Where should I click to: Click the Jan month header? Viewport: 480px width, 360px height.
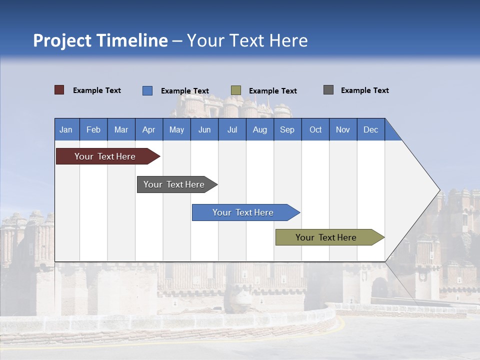click(66, 129)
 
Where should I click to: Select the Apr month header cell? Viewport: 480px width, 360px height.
click(149, 129)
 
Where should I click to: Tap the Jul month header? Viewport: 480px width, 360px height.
click(232, 129)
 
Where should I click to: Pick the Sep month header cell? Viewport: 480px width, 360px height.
click(287, 129)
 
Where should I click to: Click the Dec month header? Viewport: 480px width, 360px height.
click(370, 129)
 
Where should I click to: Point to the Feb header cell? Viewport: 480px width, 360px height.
click(93, 129)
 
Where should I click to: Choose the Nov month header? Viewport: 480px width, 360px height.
click(342, 129)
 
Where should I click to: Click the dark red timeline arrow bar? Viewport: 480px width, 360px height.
click(105, 156)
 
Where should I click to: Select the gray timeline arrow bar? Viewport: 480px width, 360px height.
click(174, 184)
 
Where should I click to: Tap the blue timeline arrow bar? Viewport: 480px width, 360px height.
click(243, 212)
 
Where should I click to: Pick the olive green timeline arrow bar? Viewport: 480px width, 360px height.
click(326, 237)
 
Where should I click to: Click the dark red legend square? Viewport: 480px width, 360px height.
click(59, 90)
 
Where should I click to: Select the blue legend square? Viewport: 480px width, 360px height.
click(147, 90)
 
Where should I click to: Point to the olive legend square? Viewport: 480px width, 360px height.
click(236, 90)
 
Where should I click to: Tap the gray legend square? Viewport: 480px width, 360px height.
click(328, 90)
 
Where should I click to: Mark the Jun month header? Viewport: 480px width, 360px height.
click(204, 129)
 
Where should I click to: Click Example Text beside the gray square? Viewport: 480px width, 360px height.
click(364, 90)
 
